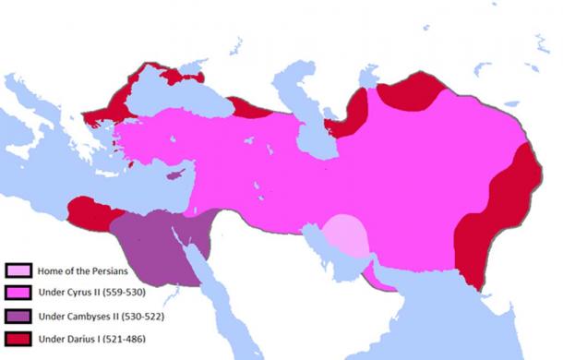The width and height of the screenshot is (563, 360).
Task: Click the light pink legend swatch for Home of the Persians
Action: (x=18, y=270)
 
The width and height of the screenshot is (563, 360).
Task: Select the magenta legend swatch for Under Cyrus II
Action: (x=18, y=291)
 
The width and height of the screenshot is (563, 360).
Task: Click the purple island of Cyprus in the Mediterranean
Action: (x=175, y=174)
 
